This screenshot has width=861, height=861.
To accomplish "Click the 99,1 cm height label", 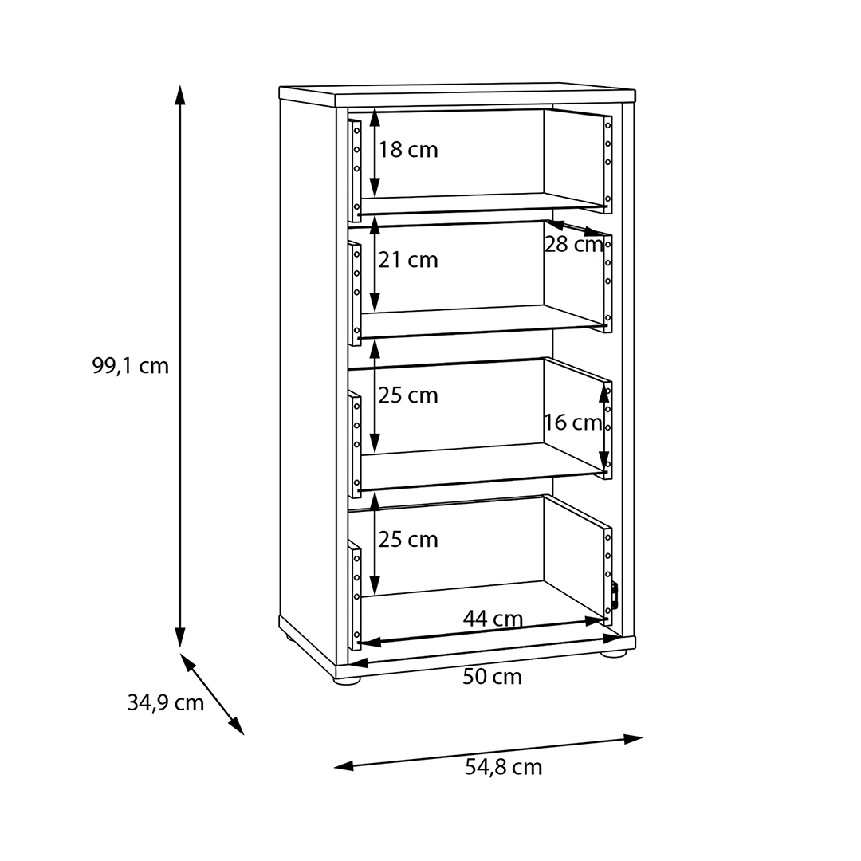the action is (130, 366).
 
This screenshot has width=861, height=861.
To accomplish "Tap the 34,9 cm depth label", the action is (165, 703).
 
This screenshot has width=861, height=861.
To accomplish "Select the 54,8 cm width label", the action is (504, 767).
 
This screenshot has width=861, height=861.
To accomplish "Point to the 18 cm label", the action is (408, 150).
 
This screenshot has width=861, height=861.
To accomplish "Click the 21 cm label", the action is (408, 260).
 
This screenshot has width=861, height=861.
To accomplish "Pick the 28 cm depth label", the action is (574, 245).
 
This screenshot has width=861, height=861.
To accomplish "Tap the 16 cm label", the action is (572, 423).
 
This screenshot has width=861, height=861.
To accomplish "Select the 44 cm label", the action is (493, 619).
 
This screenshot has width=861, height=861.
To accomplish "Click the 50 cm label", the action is (492, 677).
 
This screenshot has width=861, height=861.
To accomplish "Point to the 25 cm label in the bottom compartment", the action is (408, 540).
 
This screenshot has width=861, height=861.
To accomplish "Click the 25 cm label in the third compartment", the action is (408, 395).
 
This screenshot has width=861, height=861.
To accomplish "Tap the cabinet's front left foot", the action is (348, 680).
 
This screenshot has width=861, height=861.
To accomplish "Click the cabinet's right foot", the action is (613, 654).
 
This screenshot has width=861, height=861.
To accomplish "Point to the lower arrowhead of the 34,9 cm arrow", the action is (236, 726).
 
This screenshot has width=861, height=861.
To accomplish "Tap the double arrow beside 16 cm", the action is (604, 427).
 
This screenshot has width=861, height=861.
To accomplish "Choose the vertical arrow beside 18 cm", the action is (375, 152).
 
